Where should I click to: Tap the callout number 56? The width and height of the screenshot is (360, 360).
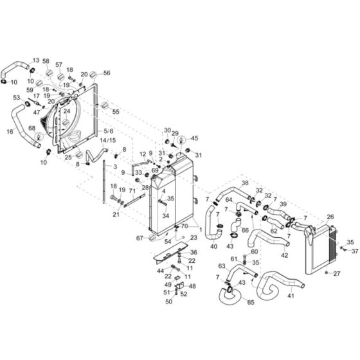(107, 73)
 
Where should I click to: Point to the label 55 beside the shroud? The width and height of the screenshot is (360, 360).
(116, 112)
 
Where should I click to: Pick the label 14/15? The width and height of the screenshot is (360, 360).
(107, 139)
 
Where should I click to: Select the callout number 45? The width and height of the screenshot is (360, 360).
(195, 138)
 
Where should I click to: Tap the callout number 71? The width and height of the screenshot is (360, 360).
(132, 192)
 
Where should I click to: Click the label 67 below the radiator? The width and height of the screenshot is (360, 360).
(139, 238)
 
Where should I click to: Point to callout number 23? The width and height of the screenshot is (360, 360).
(194, 239)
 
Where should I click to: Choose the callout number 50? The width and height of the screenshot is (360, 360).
(169, 301)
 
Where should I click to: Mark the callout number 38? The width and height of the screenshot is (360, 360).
(244, 183)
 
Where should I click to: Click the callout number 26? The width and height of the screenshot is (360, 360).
(330, 217)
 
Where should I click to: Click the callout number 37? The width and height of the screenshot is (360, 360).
(354, 252)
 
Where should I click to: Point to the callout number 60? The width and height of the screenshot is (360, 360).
(253, 251)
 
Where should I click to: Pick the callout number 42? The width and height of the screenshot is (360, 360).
(284, 255)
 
